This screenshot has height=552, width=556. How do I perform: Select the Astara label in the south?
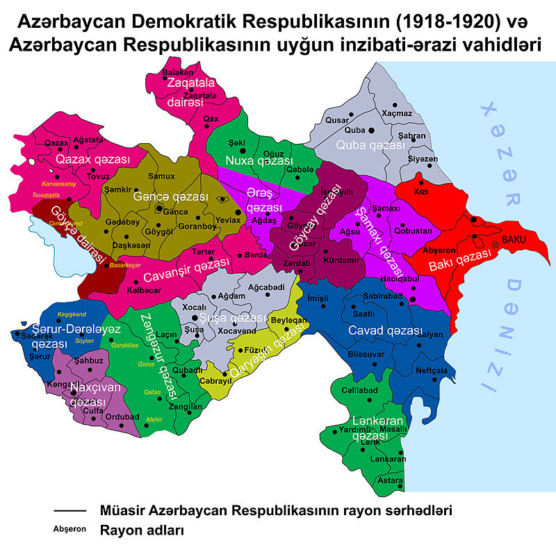tap(389, 480)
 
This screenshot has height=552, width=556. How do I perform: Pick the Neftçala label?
tap(431, 371)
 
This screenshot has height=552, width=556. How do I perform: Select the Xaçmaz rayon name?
tap(397, 113)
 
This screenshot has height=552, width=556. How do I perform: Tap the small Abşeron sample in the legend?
tap(69, 529)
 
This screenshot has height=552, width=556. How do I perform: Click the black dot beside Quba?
tap(371, 130)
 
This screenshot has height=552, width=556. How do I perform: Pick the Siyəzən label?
tap(423, 159)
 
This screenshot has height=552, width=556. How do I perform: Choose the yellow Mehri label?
tap(154, 419)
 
